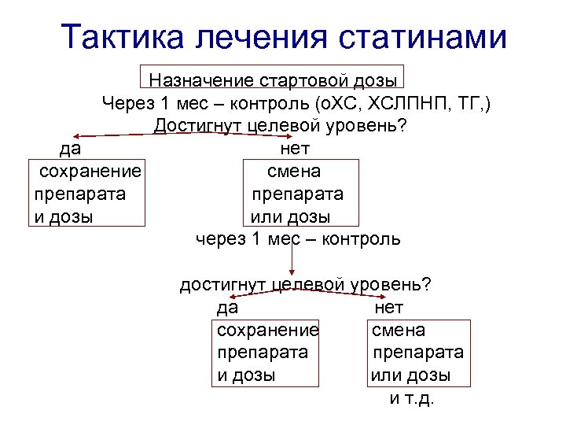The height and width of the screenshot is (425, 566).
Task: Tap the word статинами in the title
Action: pyautogui.click(x=424, y=37)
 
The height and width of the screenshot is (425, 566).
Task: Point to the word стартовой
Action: pyautogui.click(x=303, y=80)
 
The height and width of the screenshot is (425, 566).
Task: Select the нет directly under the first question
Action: pyautogui.click(x=294, y=148)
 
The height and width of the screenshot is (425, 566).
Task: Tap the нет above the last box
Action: pyautogui.click(x=390, y=307)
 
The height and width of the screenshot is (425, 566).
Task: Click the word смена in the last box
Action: pyautogui.click(x=399, y=330)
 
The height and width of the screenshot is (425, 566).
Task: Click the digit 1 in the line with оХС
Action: pyautogui.click(x=164, y=103)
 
